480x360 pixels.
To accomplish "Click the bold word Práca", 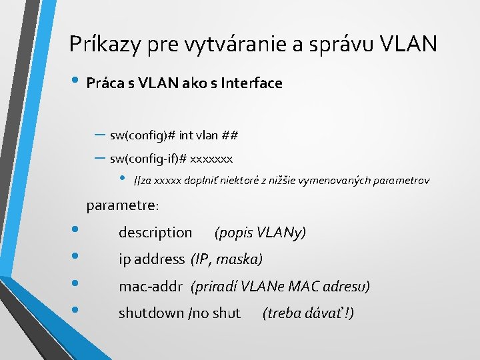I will [x=105, y=83].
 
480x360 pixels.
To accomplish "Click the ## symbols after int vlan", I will [x=229, y=136].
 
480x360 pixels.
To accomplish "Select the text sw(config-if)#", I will [x=148, y=159].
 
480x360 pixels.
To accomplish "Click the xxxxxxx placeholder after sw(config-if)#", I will [x=211, y=159].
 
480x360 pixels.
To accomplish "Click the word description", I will [x=155, y=233].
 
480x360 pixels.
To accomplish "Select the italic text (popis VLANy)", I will [x=260, y=233].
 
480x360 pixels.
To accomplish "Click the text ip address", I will [x=151, y=259].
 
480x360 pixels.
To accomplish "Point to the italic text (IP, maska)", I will [x=227, y=259].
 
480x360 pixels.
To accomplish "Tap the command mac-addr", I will [x=151, y=287].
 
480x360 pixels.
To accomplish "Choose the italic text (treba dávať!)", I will [x=308, y=313].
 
